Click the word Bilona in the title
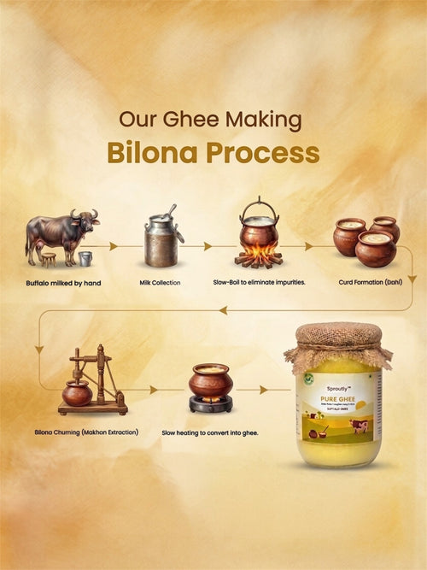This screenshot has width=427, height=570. click(x=146, y=154)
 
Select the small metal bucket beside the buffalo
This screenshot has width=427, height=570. click(x=85, y=257)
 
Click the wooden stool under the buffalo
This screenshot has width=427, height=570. click(x=48, y=259)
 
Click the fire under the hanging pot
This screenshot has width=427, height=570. click(x=259, y=256)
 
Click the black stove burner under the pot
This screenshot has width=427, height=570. click(x=210, y=403)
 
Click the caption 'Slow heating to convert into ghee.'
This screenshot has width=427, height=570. click(x=210, y=432)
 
